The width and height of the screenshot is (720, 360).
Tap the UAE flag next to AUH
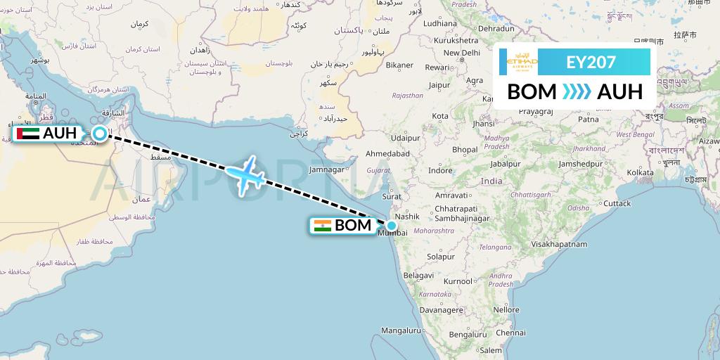coord(27,134)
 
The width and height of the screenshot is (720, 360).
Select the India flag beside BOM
coord(323,226)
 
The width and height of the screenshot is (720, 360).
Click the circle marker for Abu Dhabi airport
coord(100,134)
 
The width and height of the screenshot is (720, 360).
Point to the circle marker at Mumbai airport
coord(391,225)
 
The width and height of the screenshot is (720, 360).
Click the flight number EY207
coord(591,62)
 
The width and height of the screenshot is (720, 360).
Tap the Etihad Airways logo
coord(522,62)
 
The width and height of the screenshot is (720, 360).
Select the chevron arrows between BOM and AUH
coord(577,91)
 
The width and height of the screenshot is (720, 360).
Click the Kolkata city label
coord(640,172)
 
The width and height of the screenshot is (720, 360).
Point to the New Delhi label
coord(461,53)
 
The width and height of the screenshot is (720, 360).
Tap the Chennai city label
coord(490,333)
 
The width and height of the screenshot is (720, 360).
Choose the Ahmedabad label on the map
coord(387,153)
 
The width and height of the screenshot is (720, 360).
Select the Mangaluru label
coord(399,330)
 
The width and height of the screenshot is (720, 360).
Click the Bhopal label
coord(465,149)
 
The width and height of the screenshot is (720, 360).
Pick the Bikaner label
coord(399,65)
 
